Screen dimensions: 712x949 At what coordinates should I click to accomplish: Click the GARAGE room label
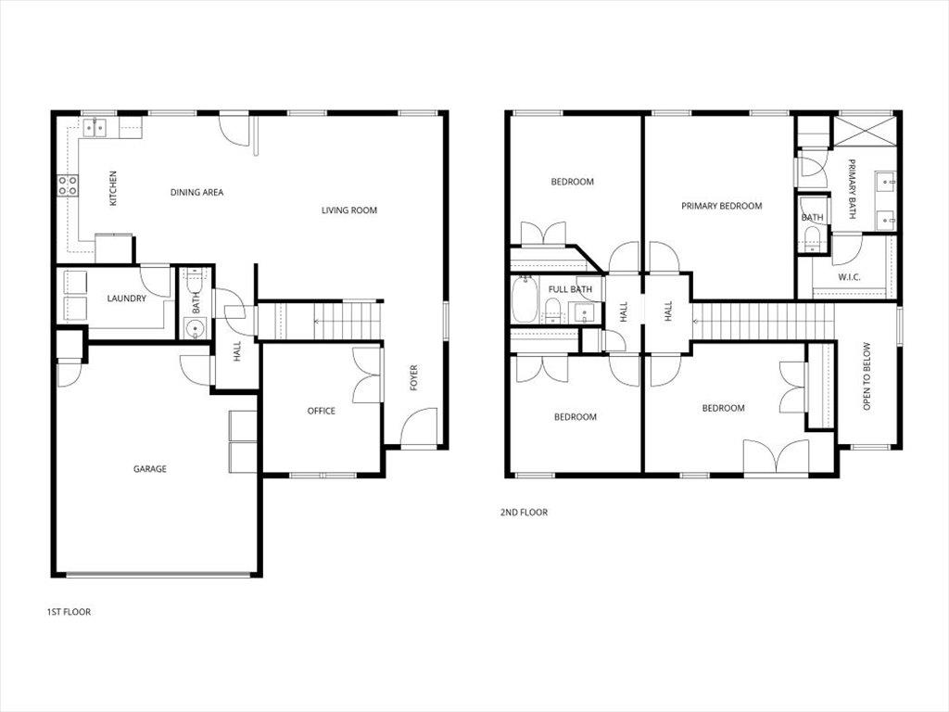[x=150, y=469]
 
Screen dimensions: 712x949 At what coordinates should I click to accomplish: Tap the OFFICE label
[x=322, y=411]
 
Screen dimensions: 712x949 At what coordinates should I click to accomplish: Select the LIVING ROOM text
[x=349, y=210]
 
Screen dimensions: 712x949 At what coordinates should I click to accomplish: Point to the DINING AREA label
[x=196, y=193]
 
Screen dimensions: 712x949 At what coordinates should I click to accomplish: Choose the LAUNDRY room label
[x=126, y=299]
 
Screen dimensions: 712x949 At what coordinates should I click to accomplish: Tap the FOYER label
[x=414, y=376]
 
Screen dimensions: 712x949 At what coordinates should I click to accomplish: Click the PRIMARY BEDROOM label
[x=721, y=206]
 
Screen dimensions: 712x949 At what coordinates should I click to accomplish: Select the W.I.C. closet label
[x=850, y=277]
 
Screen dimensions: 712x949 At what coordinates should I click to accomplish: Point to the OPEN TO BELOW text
[x=867, y=376]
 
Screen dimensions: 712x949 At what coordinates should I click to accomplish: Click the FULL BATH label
[x=570, y=289]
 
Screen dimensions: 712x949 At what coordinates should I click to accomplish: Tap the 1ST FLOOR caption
[x=69, y=612]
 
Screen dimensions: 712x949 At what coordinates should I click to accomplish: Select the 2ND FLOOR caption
[x=524, y=512]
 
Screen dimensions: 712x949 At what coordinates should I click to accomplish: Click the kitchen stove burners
[x=68, y=185]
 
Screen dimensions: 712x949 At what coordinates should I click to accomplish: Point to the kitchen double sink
[x=95, y=128]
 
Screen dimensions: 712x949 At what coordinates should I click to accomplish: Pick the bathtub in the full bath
[x=525, y=300]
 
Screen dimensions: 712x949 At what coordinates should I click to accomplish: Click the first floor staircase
[x=320, y=321]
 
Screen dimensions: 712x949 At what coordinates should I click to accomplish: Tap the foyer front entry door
[x=418, y=430]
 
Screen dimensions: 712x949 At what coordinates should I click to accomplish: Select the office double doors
[x=368, y=375]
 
